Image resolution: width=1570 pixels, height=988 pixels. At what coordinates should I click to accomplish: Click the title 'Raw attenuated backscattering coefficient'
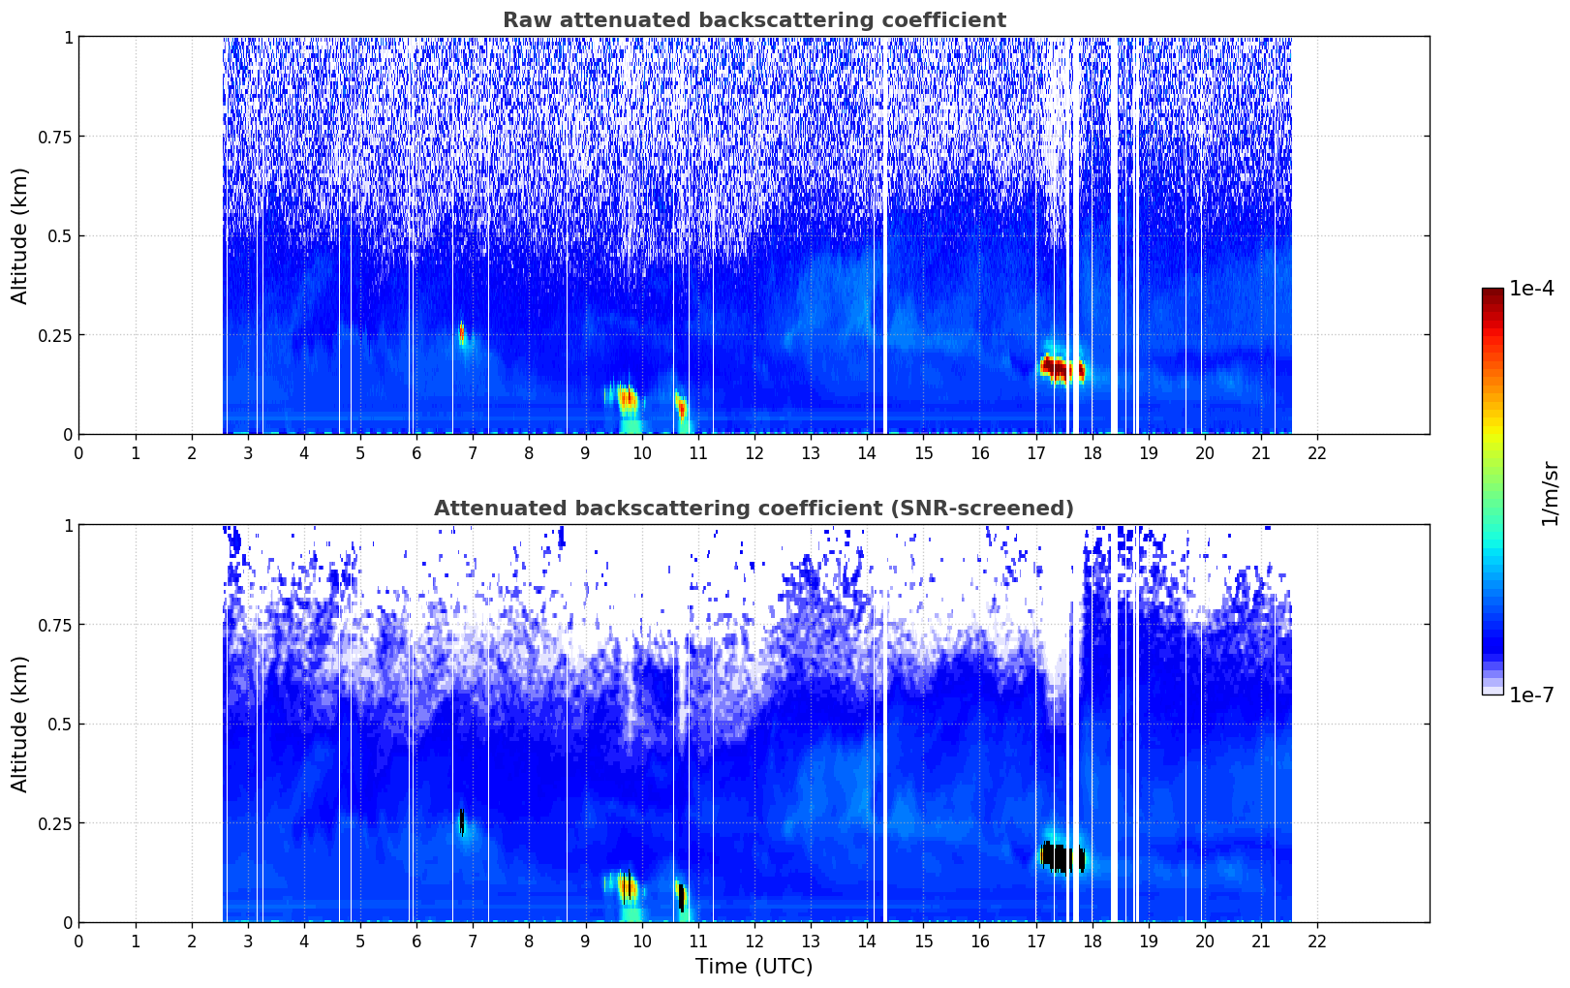point(754,20)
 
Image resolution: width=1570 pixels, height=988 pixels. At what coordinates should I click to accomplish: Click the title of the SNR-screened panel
point(754,509)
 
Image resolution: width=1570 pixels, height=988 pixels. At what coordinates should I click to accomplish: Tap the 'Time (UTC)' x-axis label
point(754,967)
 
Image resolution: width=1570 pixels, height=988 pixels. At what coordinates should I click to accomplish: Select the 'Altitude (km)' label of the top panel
point(20,235)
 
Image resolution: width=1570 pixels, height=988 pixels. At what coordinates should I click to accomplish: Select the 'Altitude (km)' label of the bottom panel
point(20,724)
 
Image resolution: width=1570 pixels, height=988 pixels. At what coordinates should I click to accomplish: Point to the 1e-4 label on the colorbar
point(1531,289)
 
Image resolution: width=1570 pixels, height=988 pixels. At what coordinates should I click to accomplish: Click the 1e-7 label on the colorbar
point(1531,695)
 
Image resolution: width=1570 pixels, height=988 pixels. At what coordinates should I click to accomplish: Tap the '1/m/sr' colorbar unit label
point(1550,494)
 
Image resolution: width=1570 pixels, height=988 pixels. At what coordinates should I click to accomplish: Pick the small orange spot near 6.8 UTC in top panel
point(462,333)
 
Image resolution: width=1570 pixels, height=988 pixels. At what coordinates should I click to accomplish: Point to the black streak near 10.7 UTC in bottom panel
point(682,897)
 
